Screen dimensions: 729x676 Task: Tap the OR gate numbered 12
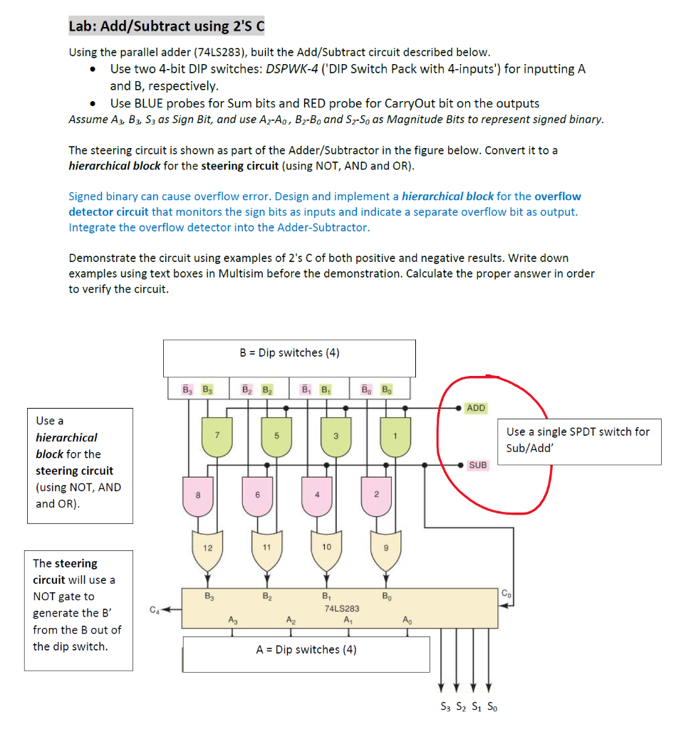(x=208, y=547)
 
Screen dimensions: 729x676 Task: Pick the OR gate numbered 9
(x=385, y=547)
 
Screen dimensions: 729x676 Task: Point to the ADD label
(x=476, y=408)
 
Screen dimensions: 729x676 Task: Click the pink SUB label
(x=478, y=465)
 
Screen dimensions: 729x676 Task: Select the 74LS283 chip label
(x=342, y=609)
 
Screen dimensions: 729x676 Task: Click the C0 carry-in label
(x=506, y=594)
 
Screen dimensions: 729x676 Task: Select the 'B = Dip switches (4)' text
(x=289, y=353)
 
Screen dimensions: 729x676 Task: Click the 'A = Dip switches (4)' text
(x=306, y=649)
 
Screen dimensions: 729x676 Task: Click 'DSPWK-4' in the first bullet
(x=295, y=69)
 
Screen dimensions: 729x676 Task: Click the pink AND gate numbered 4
(x=317, y=495)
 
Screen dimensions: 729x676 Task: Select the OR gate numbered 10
(x=326, y=547)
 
